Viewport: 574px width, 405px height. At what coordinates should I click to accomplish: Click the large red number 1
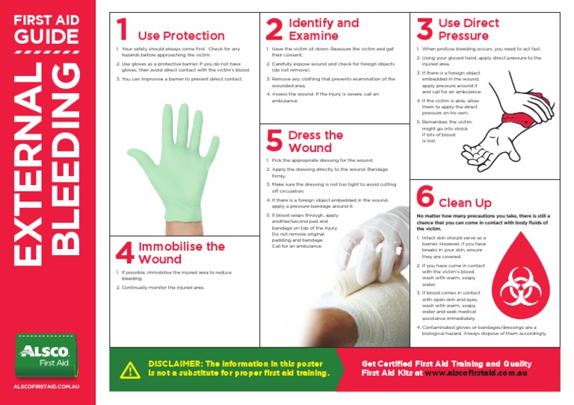point(123,30)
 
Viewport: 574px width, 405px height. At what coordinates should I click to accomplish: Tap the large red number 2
point(274,30)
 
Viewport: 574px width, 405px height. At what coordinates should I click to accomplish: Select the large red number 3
point(425,30)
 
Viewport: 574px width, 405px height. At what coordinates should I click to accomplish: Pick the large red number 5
point(274,141)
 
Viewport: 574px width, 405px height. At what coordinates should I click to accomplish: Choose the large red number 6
point(425,197)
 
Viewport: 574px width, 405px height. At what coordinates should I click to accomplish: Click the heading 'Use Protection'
point(181,36)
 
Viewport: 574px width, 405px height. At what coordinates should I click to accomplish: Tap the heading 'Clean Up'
point(465,203)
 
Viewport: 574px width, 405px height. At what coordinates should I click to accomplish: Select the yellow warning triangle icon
point(130,368)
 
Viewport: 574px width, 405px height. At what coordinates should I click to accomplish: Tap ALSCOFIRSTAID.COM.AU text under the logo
point(46,387)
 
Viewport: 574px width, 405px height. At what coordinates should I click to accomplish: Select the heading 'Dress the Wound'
point(315,142)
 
